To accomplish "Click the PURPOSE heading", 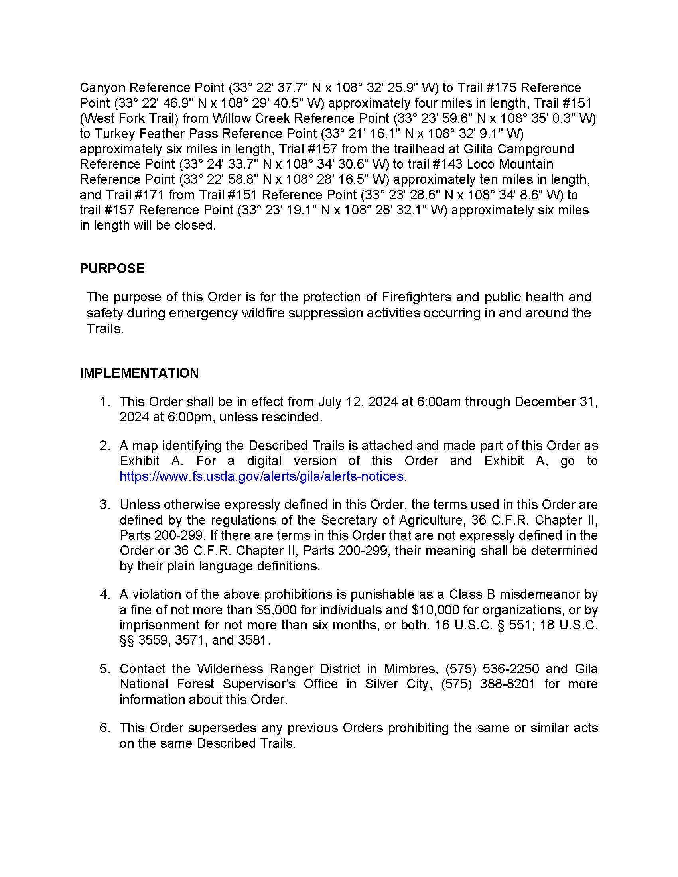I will (x=112, y=268).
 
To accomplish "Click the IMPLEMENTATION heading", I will (x=139, y=373).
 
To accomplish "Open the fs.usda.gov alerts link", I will (x=263, y=476).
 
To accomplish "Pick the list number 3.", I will (x=104, y=505).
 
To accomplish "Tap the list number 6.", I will (x=104, y=728).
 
